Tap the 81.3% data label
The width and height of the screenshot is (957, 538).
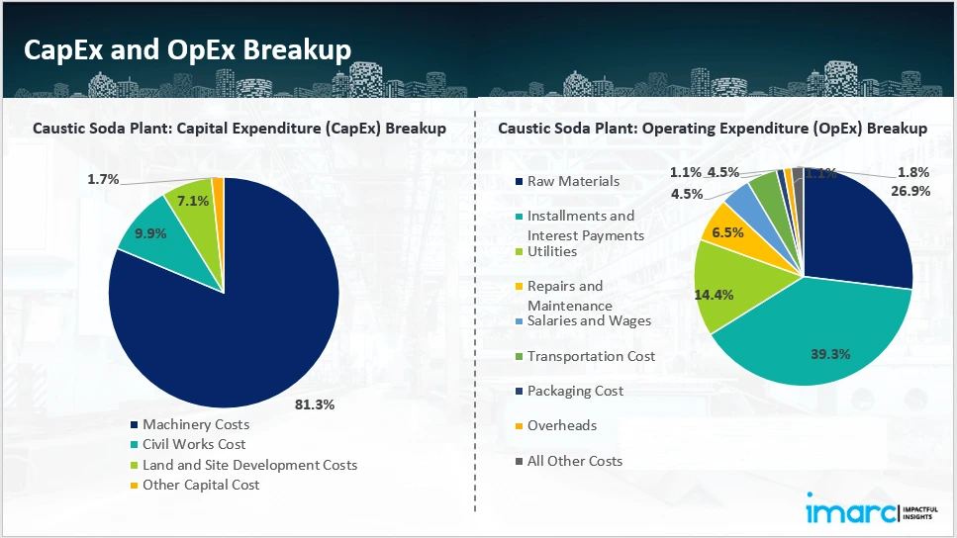click(x=316, y=404)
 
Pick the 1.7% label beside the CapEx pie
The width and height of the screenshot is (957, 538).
click(x=103, y=179)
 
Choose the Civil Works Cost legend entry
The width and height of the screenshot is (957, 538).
click(x=193, y=444)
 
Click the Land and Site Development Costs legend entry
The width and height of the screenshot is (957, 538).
click(x=249, y=464)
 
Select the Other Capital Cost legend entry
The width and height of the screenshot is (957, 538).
click(x=200, y=485)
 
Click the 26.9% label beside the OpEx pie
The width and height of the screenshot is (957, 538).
click(x=910, y=192)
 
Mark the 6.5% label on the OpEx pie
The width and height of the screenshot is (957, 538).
click(x=728, y=233)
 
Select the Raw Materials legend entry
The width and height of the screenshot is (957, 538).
click(x=573, y=181)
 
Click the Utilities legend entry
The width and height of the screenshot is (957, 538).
click(x=552, y=251)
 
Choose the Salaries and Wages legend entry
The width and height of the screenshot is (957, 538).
click(x=589, y=320)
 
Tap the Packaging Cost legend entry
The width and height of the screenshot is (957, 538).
click(x=575, y=391)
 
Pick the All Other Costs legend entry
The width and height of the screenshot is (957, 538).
click(x=575, y=461)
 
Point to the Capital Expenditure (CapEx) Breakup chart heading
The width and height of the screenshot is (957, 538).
click(x=239, y=129)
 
